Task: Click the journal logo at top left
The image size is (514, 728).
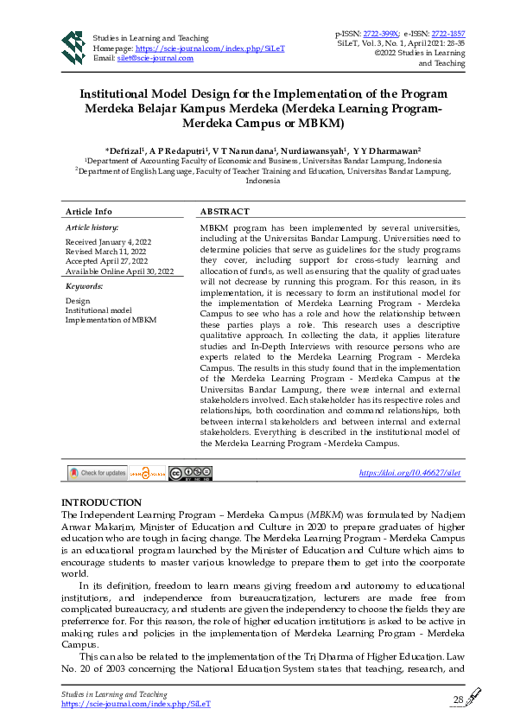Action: [72, 48]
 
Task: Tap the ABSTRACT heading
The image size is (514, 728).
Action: [225, 212]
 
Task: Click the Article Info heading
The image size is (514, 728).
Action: [89, 212]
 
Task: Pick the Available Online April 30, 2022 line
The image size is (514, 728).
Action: [119, 271]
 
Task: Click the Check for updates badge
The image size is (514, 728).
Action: [98, 473]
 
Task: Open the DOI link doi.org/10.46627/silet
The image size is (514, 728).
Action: [409, 473]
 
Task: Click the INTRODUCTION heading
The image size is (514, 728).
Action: [100, 502]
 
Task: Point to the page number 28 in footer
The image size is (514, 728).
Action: [458, 699]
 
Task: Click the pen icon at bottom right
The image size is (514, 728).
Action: [473, 697]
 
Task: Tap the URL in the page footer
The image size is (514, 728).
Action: [136, 704]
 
